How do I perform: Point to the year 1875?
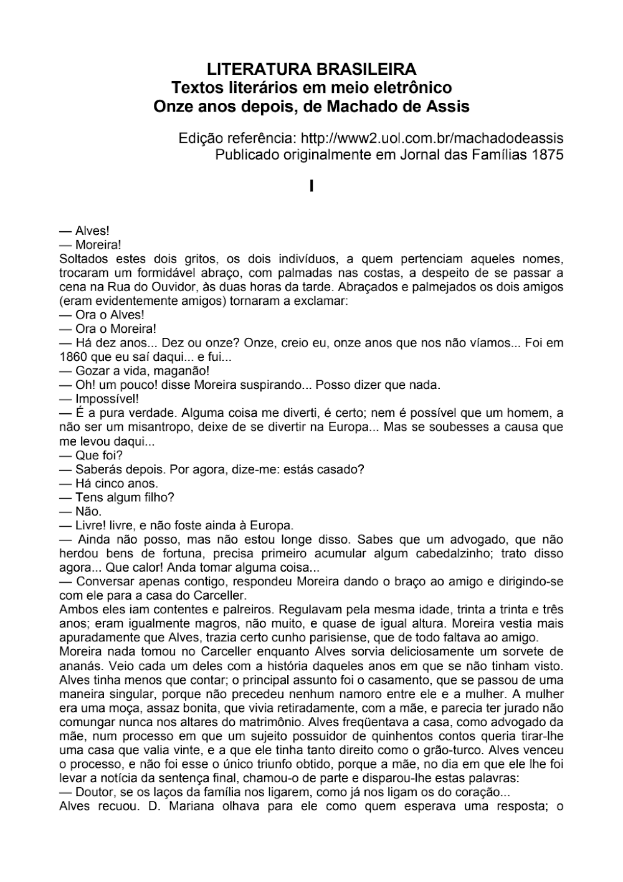[548, 155]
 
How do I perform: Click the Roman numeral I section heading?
[311, 186]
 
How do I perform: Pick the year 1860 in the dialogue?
[73, 358]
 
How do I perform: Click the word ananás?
[76, 666]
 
